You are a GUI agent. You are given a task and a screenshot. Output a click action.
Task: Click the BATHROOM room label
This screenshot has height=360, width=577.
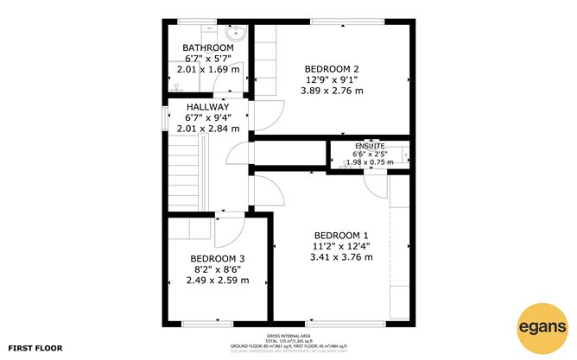tap(207, 47)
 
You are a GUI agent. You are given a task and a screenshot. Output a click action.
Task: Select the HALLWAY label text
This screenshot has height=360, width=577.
tap(207, 106)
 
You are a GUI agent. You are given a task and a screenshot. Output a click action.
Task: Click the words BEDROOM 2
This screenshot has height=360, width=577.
tap(332, 69)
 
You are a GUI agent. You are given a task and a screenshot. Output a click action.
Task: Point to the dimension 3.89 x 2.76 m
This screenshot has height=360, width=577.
tap(332, 90)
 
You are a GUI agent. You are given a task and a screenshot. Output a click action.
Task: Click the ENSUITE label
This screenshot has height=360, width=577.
tap(368, 146)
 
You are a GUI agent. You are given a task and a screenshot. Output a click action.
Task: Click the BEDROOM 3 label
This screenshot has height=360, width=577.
tap(218, 259)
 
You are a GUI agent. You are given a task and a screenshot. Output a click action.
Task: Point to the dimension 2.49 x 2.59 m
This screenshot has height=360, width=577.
tap(218, 280)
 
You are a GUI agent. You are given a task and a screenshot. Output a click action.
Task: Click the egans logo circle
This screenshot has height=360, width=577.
tap(542, 327)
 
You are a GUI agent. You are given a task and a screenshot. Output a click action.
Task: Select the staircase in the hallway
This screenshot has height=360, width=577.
tap(185, 177)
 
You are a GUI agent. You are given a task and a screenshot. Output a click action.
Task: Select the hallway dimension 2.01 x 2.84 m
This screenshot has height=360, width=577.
tap(207, 128)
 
